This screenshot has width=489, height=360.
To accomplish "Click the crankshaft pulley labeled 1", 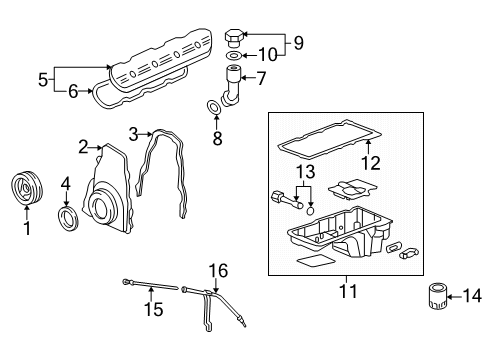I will point(23,190).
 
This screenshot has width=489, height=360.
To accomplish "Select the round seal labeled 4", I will point(67,219).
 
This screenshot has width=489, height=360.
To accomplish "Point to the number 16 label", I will point(218,269).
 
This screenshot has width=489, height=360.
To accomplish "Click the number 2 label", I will point(85,147).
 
